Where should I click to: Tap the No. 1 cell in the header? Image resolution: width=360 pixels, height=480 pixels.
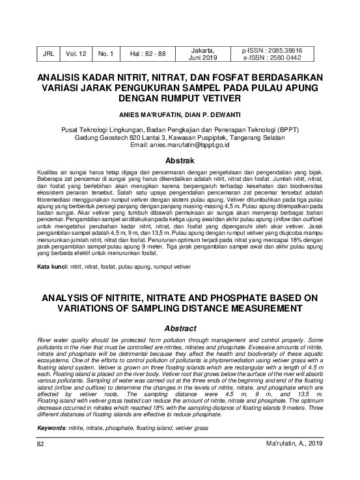point(105,55)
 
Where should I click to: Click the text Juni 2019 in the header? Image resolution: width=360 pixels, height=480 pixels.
point(204,59)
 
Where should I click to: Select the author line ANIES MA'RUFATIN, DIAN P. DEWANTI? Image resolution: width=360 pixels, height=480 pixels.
point(180,114)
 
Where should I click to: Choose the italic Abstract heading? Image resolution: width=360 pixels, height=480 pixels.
point(180,328)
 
